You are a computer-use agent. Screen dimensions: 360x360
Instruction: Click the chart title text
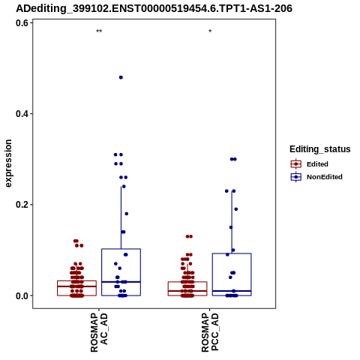tap(154, 9)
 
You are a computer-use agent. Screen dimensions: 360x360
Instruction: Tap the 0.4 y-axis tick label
tap(22, 114)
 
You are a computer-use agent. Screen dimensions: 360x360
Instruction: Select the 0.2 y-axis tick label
tap(22, 205)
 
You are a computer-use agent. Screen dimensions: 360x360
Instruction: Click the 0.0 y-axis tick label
tap(22, 295)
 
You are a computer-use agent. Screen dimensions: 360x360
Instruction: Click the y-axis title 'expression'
tap(8, 163)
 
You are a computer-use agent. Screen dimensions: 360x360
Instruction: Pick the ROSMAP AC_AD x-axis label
tap(99, 332)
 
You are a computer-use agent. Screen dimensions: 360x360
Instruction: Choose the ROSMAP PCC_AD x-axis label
tap(210, 332)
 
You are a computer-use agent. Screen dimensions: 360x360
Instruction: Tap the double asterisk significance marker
tap(99, 31)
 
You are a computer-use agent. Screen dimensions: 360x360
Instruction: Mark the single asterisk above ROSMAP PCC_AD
tap(210, 31)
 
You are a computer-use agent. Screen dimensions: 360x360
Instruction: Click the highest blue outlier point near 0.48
tap(121, 77)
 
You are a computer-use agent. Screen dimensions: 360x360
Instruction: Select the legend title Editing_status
tap(320, 149)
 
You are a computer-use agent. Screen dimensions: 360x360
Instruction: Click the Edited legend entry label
tap(317, 164)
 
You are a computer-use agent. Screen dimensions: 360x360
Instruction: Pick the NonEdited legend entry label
tap(325, 177)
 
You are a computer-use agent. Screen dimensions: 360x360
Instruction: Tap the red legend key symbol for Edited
tap(296, 164)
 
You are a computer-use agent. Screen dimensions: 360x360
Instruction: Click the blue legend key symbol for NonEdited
tap(296, 177)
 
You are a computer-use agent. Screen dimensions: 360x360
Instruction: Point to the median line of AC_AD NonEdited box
tap(121, 282)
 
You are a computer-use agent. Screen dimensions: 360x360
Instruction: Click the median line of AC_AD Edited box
tap(76, 286)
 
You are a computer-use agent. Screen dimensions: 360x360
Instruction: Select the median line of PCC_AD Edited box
tap(187, 291)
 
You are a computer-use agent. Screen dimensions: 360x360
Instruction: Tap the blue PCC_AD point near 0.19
tap(236, 209)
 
